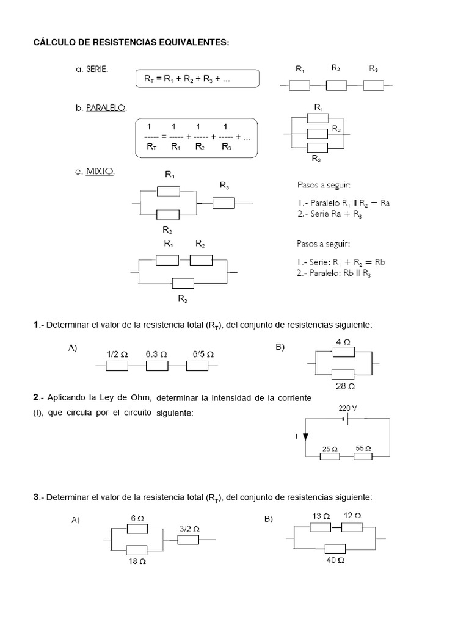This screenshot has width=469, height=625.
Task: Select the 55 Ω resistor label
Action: point(364,449)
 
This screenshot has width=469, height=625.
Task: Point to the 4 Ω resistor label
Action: point(343,342)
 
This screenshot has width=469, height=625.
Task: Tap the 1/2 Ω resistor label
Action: point(117,354)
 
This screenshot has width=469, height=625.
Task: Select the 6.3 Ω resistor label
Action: point(157,354)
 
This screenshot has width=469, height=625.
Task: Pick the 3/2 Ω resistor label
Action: point(189,529)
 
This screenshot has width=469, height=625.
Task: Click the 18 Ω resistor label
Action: point(137,561)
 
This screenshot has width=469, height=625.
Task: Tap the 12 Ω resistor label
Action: point(352,516)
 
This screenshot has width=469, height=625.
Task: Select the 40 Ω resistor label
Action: point(336,560)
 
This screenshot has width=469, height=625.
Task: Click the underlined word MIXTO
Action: point(100,172)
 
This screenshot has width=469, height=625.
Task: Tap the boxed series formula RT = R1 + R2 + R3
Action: point(197,78)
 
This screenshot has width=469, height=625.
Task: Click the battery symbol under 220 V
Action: point(346,419)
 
